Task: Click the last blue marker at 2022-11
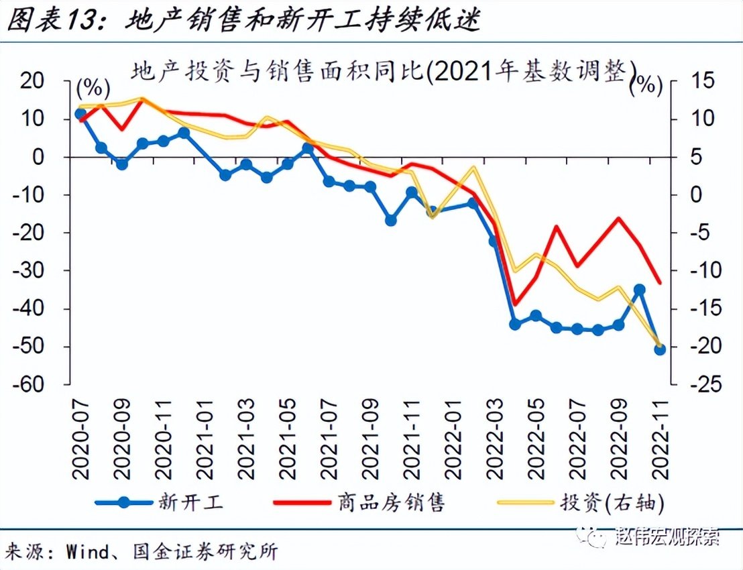[659, 349]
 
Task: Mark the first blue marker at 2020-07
[80, 114]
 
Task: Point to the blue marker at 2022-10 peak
[639, 290]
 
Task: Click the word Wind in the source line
[87, 552]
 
